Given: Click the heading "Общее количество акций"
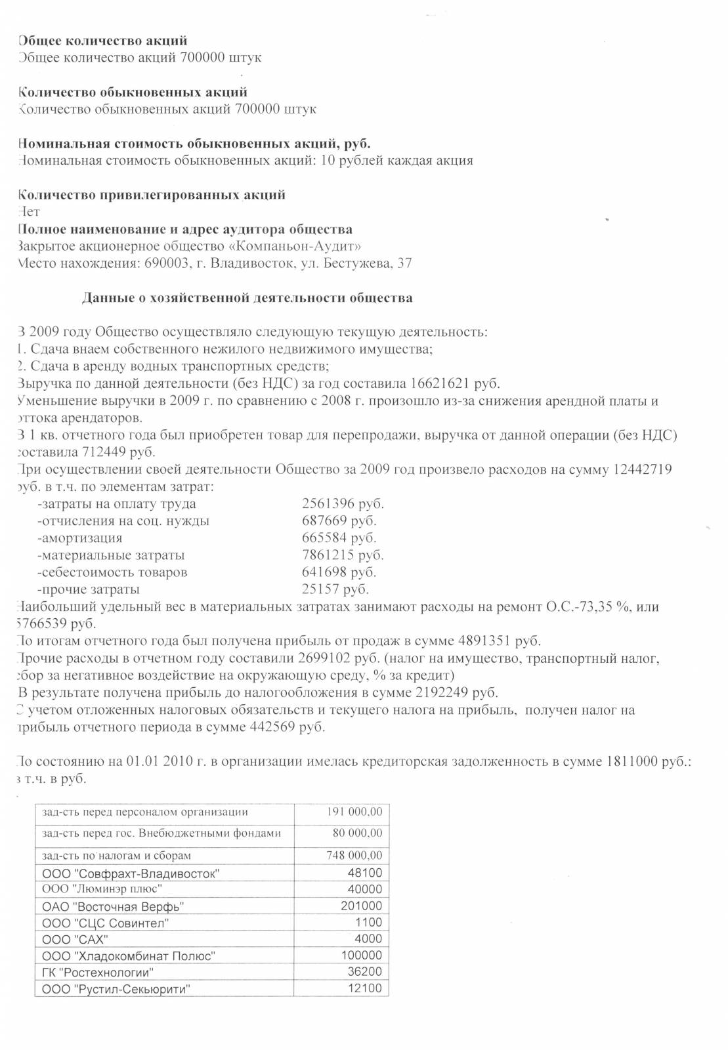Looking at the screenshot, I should (x=102, y=41).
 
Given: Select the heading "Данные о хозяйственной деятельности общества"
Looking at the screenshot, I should (x=247, y=298).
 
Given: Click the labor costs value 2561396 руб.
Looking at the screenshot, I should (x=343, y=504).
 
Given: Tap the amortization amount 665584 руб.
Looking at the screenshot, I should (x=339, y=538).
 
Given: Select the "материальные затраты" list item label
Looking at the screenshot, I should (x=111, y=555).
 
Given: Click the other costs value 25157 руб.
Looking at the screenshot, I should (x=335, y=589).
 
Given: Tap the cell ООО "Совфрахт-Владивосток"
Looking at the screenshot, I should (x=131, y=873).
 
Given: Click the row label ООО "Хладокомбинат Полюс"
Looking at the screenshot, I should (x=129, y=956).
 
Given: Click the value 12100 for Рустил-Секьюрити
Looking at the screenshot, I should (x=364, y=988).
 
